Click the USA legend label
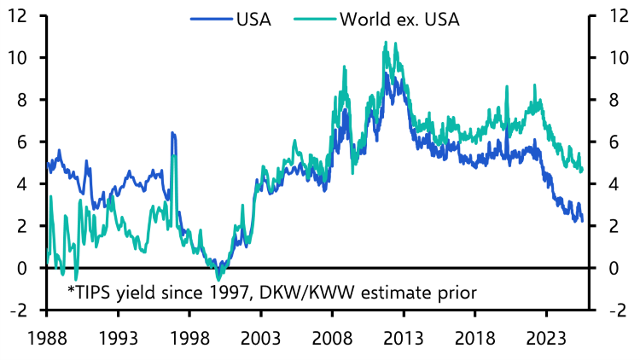pos(253,20)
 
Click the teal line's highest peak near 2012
pos(386,42)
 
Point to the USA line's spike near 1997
pos(172,133)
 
